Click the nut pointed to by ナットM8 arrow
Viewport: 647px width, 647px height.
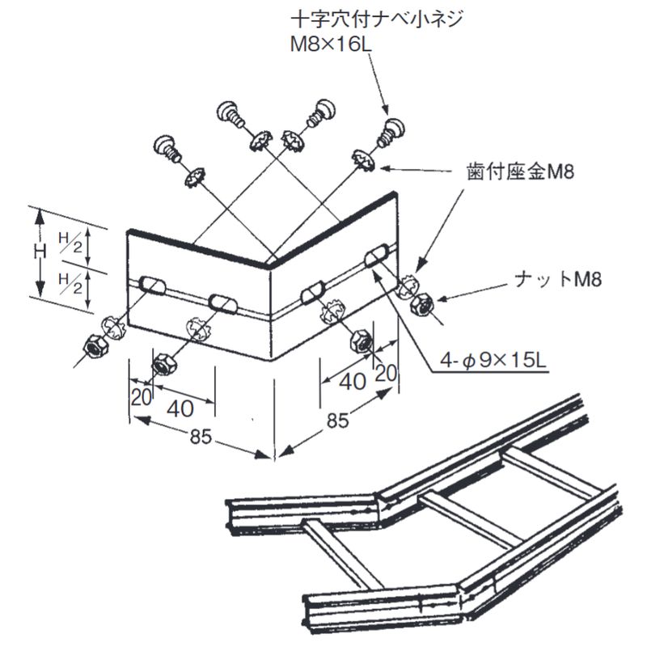pos(422,306)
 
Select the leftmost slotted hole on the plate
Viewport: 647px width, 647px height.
pos(150,284)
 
